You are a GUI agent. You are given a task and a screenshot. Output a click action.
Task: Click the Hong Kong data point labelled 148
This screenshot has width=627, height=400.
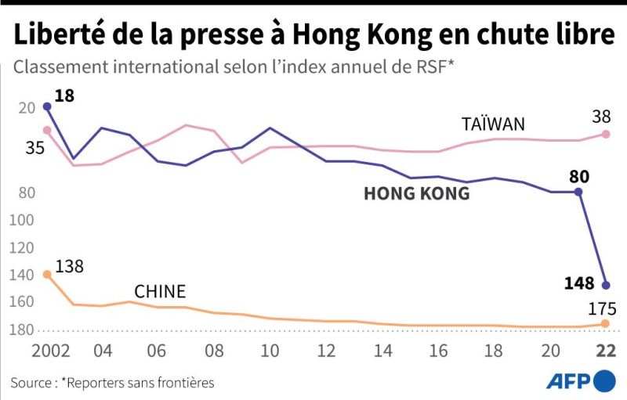click(x=605, y=285)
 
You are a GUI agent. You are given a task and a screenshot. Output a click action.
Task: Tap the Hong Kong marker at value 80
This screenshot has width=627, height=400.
click(x=578, y=192)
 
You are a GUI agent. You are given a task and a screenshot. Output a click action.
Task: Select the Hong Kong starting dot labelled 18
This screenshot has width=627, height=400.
click(x=47, y=106)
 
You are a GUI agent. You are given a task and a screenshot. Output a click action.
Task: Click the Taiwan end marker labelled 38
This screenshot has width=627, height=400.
click(x=605, y=134)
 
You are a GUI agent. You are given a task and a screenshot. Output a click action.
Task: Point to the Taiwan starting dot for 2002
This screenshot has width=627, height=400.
click(x=47, y=130)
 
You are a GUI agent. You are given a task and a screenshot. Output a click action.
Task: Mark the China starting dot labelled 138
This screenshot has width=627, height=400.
click(x=47, y=274)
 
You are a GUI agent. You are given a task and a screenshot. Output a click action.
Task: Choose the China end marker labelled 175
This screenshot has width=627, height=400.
click(x=605, y=323)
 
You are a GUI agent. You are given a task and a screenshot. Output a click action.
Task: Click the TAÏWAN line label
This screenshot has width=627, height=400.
click(x=493, y=124)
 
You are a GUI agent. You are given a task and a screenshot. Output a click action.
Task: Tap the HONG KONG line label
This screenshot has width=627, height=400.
click(x=417, y=193)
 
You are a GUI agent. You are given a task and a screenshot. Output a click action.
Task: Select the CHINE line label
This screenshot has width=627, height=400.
click(x=160, y=291)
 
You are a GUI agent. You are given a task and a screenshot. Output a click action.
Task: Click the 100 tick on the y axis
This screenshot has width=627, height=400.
click(x=22, y=220)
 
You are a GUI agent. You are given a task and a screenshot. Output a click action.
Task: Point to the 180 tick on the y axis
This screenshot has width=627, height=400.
click(x=22, y=330)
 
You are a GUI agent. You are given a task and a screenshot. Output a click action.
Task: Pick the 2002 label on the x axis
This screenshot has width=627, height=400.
click(x=51, y=351)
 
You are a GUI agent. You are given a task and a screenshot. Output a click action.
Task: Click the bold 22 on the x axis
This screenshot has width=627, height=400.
click(x=606, y=351)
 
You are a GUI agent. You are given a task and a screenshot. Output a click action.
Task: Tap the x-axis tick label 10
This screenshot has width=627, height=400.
click(x=270, y=351)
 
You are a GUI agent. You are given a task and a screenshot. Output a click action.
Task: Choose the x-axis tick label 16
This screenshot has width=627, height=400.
click(x=438, y=351)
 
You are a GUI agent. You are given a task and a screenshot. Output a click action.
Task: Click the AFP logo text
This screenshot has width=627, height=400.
click(x=569, y=382)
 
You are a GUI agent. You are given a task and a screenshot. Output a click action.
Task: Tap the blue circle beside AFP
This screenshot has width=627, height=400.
click(x=604, y=381)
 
